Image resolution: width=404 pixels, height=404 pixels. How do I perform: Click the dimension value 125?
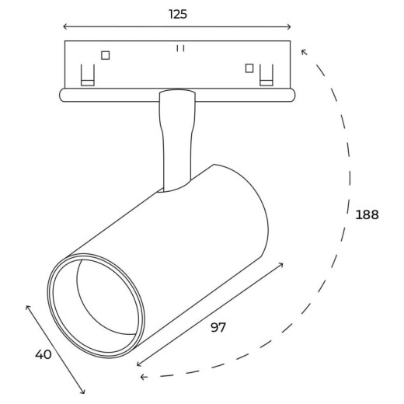[x=178, y=14]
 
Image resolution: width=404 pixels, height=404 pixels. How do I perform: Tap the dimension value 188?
[x=367, y=214]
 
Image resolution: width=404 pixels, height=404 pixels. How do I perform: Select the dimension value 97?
[x=218, y=327]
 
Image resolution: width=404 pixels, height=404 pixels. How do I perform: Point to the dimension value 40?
[x=44, y=354]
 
